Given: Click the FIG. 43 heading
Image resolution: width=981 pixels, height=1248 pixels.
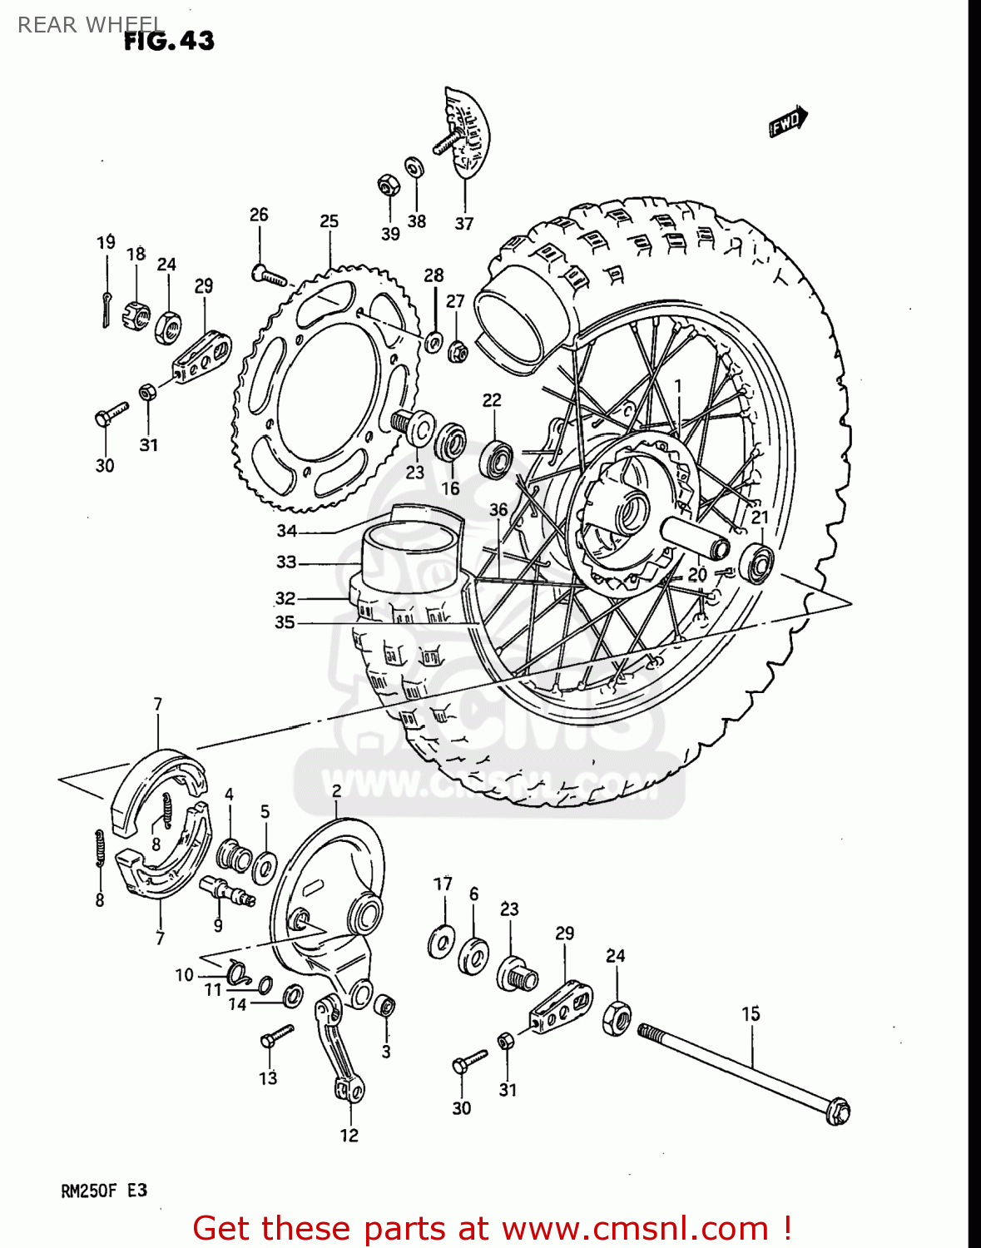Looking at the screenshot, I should [x=169, y=41].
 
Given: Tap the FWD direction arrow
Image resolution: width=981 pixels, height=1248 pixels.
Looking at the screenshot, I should [x=786, y=122].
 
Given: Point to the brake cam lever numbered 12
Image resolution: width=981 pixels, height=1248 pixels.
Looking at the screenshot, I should [x=339, y=1048].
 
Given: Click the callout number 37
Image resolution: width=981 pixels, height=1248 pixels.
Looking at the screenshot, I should [x=463, y=224].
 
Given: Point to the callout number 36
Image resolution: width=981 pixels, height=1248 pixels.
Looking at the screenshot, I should [x=498, y=510].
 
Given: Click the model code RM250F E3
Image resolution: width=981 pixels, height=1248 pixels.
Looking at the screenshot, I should [x=104, y=1191].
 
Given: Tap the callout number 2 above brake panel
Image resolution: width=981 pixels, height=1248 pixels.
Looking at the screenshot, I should [x=336, y=790].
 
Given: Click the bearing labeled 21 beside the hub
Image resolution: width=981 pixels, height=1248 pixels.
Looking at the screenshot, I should [x=756, y=564].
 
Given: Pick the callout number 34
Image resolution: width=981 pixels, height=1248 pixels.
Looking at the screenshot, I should [x=286, y=531].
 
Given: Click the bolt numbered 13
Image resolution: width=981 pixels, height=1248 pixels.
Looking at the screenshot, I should [x=276, y=1037].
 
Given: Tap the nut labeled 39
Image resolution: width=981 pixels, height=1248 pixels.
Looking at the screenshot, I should [x=386, y=185].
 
